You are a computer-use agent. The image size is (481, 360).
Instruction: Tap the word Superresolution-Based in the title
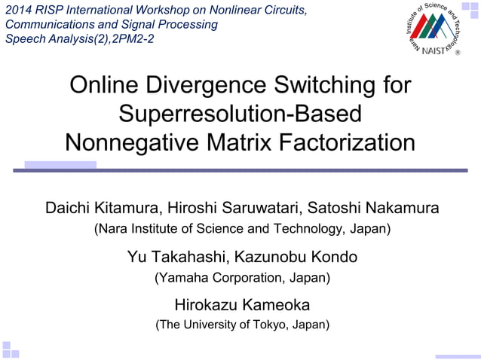point(240,114)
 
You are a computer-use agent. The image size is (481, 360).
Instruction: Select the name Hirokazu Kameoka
point(242,305)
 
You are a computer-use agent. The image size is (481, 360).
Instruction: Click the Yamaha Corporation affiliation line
point(242,277)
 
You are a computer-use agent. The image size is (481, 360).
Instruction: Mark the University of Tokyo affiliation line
point(242,325)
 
